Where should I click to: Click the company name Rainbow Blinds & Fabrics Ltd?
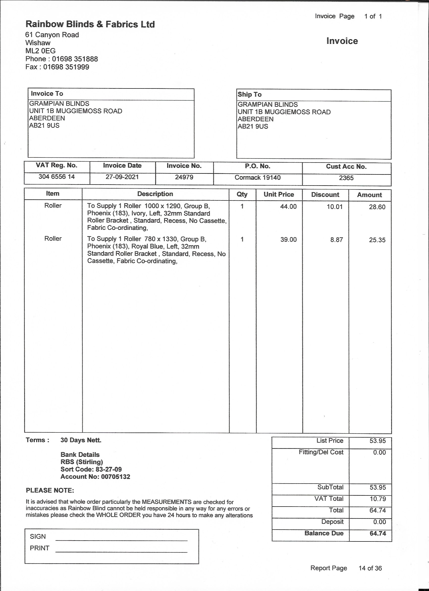tap(90, 24)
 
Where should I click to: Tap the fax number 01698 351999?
tap(66, 67)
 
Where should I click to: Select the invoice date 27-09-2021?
tap(122, 177)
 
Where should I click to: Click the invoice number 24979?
tap(184, 177)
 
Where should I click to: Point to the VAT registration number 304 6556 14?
tap(57, 177)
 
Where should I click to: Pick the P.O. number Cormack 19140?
tap(258, 178)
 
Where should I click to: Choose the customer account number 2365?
tap(346, 178)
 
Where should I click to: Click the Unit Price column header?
tap(279, 194)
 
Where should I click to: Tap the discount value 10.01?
tap(335, 207)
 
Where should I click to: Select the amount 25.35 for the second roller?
tap(377, 240)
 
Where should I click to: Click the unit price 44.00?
tap(288, 207)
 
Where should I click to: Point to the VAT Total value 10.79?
tap(378, 499)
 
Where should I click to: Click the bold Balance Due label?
tap(324, 533)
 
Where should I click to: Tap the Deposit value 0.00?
tap(379, 522)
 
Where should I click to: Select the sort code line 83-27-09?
tap(91, 469)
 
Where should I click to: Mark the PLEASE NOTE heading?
tap(50, 490)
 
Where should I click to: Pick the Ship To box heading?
tap(250, 95)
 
